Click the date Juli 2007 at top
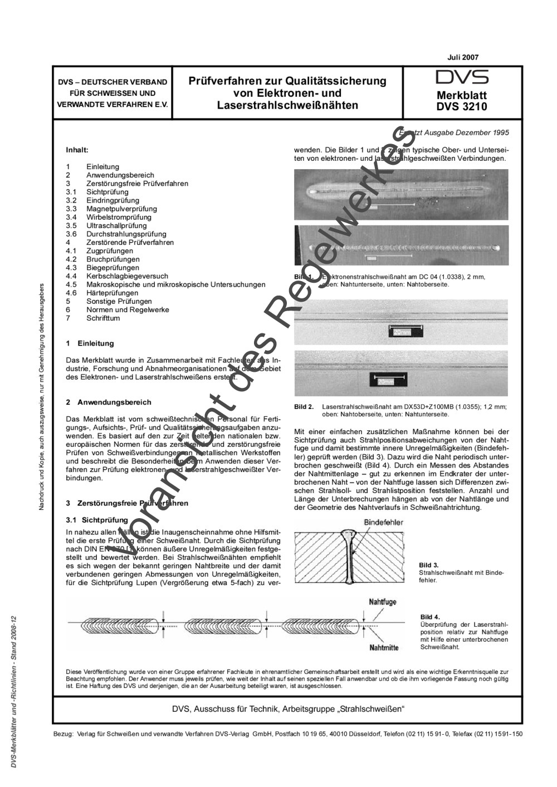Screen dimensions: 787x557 pyautogui.click(x=462, y=57)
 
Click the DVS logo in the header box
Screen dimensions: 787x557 pyautogui.click(x=462, y=77)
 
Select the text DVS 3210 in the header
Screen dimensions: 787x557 pyautogui.click(x=462, y=106)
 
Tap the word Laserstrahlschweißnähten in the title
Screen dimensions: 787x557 pyautogui.click(x=287, y=105)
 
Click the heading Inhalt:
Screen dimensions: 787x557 pyautogui.click(x=77, y=150)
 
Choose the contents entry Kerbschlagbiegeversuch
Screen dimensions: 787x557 pyautogui.click(x=127, y=276)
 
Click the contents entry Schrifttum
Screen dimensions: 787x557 pyautogui.click(x=103, y=318)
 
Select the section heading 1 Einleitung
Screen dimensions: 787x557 pyautogui.click(x=90, y=344)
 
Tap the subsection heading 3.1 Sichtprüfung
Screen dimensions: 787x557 pyautogui.click(x=97, y=520)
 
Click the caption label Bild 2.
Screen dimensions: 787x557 pyautogui.click(x=304, y=407)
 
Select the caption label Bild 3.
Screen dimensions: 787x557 pyautogui.click(x=429, y=565)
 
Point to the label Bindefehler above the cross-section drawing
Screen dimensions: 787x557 pyautogui.click(x=383, y=523)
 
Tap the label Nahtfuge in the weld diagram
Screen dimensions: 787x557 pyautogui.click(x=383, y=602)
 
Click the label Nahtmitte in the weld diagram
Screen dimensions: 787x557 pyautogui.click(x=384, y=647)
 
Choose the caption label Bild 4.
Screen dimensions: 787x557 pyautogui.click(x=430, y=617)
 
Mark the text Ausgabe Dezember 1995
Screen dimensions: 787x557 pyautogui.click(x=466, y=132)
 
